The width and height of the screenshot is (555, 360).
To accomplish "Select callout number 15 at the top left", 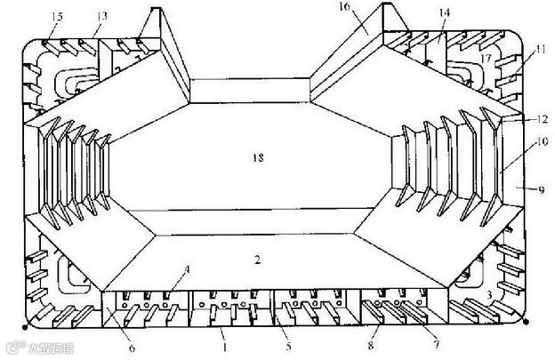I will [57, 17].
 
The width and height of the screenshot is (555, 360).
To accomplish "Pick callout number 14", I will [445, 12].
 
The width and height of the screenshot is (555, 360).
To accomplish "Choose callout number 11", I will [540, 52].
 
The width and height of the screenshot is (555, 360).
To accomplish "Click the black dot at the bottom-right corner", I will [527, 322].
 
